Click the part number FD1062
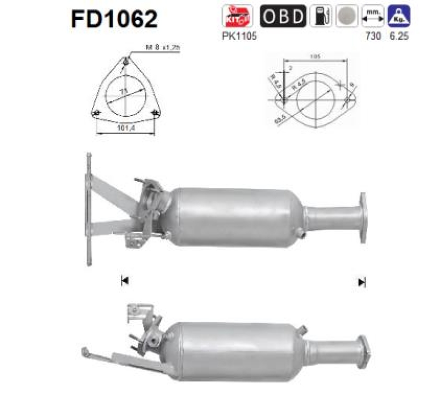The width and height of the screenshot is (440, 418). (x=114, y=19)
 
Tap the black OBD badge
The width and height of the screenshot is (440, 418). (x=282, y=16)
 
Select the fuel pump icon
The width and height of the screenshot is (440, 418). (x=320, y=16)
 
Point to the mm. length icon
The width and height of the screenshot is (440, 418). (x=373, y=16)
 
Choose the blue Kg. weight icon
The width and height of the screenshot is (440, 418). (x=398, y=16)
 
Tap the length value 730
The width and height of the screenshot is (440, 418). (x=373, y=36)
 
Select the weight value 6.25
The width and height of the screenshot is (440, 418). (x=399, y=36)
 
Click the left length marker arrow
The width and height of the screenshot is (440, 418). (x=124, y=281)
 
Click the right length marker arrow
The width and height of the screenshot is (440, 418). (x=361, y=282)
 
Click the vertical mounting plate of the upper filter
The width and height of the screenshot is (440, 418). (x=88, y=209)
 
